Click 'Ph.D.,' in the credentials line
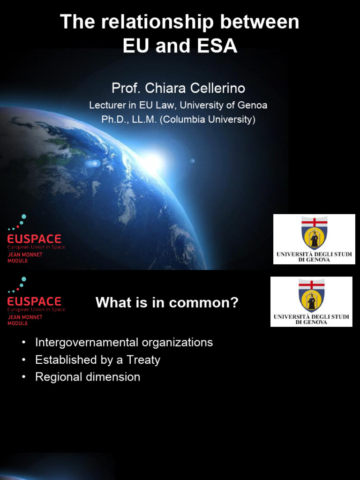click(x=114, y=120)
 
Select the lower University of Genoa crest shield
click(x=311, y=295)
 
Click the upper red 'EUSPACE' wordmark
click(x=34, y=239)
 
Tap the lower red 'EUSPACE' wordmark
click(x=34, y=301)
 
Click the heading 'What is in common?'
click(x=167, y=303)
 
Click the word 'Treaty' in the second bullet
click(x=143, y=360)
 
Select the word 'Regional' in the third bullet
click(x=56, y=377)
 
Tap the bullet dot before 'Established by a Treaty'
click(x=23, y=360)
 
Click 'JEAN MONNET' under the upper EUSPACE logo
click(x=24, y=255)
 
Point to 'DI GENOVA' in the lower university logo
click(x=311, y=322)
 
